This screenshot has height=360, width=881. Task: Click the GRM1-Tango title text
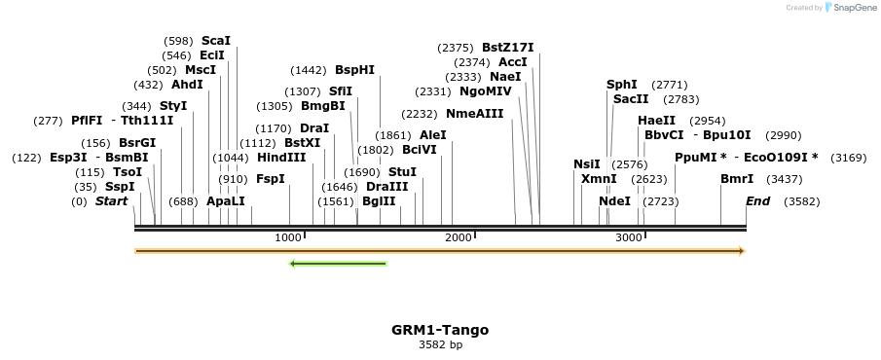[440, 330]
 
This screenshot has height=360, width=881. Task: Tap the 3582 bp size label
[440, 344]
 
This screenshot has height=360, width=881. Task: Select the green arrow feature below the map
[339, 263]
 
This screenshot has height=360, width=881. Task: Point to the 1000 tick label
[288, 237]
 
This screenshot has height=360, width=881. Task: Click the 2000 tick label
[459, 237]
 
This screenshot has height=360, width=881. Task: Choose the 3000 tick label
[630, 237]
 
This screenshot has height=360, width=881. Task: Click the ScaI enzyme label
[216, 41]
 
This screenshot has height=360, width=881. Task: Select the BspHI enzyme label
[354, 70]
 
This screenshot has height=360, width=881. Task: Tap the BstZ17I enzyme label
[507, 47]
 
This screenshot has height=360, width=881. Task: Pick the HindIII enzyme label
[281, 157]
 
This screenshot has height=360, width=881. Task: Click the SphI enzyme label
[622, 85]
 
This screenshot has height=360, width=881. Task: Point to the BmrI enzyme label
[737, 179]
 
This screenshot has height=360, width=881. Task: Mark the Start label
[111, 201]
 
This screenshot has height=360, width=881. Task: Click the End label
[758, 201]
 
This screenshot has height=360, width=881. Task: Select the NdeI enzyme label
[615, 201]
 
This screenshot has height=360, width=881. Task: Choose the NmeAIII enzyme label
[475, 113]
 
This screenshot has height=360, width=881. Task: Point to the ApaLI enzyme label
[226, 201]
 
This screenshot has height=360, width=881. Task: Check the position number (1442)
[310, 70]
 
